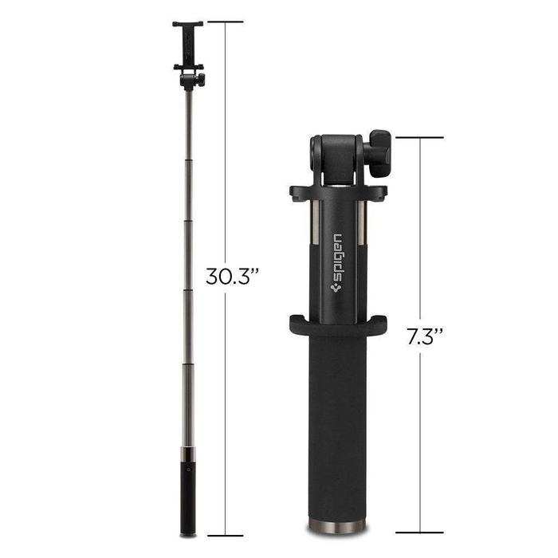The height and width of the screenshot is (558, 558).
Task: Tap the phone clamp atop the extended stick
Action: coord(188,45)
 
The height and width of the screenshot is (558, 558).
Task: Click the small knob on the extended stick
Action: coord(201,79)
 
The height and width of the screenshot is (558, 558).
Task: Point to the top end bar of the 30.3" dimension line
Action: coord(225,22)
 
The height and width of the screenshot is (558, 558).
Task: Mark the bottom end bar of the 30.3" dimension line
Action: coord(225,535)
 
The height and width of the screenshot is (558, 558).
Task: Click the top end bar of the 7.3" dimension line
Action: coord(419,138)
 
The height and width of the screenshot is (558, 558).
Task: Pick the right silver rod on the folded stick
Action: coord(365,239)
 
